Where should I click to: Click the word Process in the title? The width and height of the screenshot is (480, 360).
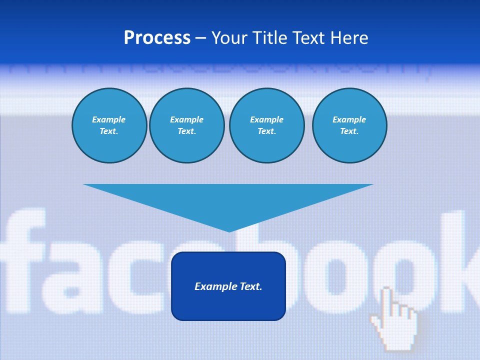pyautogui.click(x=157, y=38)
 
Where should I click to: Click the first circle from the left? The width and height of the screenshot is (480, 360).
pyautogui.click(x=109, y=125)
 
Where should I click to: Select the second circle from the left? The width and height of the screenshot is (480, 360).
pyautogui.click(x=186, y=125)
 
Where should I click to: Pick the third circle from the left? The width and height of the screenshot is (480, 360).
pyautogui.click(x=266, y=125)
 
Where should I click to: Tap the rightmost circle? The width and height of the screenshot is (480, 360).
pyautogui.click(x=349, y=125)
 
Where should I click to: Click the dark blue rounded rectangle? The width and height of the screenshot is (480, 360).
pyautogui.click(x=228, y=305)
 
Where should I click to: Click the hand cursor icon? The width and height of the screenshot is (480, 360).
pyautogui.click(x=395, y=320)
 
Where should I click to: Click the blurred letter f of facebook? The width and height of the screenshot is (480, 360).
pyautogui.click(x=25, y=260)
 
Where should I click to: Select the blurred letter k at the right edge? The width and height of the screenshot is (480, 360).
pyautogui.click(x=467, y=260)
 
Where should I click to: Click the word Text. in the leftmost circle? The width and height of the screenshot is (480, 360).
pyautogui.click(x=109, y=131)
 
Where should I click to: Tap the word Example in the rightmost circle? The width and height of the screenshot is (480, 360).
pyautogui.click(x=349, y=119)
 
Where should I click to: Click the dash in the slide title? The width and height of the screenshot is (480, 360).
pyautogui.click(x=200, y=38)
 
